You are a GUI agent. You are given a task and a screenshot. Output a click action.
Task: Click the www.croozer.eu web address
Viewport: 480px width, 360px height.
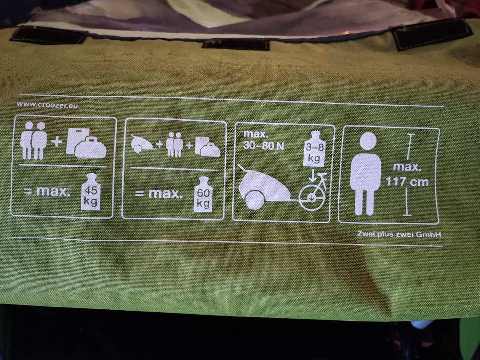point(47,105)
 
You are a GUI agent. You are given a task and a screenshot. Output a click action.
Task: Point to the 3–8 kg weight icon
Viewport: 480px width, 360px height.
point(314,149)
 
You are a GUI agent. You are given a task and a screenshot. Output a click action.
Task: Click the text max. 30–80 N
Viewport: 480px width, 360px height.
point(264,141)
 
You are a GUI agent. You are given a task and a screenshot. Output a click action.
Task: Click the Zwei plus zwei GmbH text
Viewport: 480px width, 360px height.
point(399,235)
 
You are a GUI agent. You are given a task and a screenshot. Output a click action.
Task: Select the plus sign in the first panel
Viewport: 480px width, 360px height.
point(57,142)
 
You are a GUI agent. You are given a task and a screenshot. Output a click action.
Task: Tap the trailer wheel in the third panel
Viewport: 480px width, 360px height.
point(255,200)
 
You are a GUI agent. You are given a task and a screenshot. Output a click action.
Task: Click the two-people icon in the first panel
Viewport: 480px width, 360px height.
point(33,141)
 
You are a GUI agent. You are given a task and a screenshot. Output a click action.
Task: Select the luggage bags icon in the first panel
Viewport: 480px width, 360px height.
point(86,143)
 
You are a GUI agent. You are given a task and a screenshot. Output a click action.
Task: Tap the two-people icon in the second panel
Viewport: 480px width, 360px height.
point(175,144)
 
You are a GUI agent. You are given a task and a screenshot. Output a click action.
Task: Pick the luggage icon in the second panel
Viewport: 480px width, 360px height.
point(207,146)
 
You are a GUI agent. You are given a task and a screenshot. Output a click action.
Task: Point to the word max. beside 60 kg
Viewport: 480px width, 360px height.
point(166,194)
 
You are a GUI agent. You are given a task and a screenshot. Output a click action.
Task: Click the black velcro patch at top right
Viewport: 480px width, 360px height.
point(431,33)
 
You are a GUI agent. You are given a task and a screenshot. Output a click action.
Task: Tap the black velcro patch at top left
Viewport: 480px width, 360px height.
point(48,35)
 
